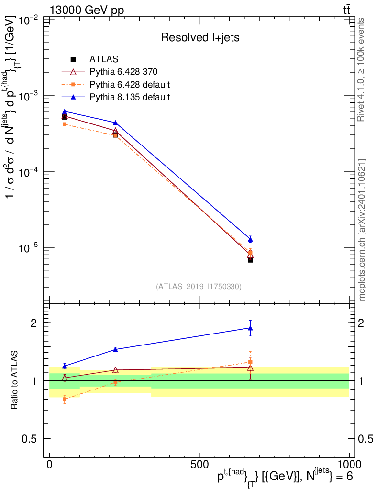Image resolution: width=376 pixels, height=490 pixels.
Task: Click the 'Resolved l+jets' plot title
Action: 200,37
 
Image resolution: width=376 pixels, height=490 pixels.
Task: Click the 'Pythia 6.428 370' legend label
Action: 123,72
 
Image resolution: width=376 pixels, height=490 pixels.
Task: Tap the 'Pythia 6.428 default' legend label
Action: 130,85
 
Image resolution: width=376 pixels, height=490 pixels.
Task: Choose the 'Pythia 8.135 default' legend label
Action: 130,97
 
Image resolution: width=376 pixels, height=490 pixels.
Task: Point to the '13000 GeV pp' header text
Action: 87,10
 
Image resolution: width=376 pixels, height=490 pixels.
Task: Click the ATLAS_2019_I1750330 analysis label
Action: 199,287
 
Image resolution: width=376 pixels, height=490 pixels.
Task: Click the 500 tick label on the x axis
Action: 199,464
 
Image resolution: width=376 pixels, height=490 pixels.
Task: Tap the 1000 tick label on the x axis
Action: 349,464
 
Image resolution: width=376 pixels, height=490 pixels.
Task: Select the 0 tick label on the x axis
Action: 50,464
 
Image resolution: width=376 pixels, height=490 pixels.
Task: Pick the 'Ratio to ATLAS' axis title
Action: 14,379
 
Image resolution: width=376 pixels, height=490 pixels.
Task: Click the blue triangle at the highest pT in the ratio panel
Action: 250,328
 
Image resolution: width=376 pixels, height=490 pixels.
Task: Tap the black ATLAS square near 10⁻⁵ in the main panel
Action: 250,260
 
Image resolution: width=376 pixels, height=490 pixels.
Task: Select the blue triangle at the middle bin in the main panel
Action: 115,123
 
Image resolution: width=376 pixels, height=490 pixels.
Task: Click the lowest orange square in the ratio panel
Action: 64,400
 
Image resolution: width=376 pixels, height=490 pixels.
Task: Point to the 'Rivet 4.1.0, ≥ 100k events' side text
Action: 360,69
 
